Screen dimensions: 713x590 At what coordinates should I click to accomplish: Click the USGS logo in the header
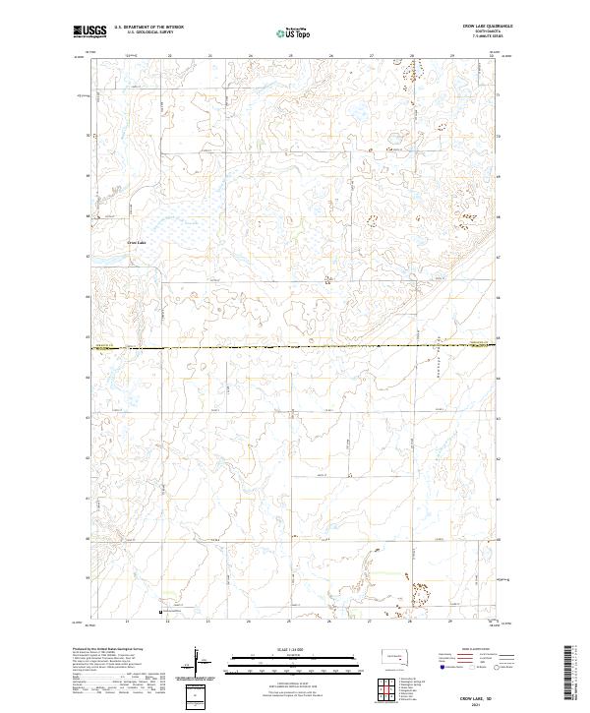90,30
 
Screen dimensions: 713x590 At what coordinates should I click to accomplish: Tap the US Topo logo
295,31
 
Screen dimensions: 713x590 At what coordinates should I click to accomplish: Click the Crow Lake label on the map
136,242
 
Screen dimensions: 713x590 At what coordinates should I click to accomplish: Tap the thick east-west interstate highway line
295,346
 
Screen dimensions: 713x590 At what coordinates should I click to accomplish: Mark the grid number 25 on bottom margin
289,622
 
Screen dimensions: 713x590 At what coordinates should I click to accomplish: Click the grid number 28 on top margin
411,57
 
